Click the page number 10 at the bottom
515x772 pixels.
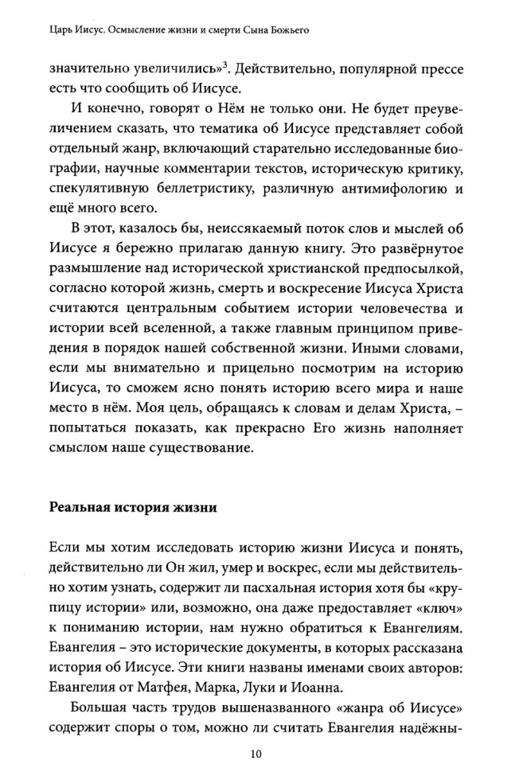[x=256, y=754]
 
